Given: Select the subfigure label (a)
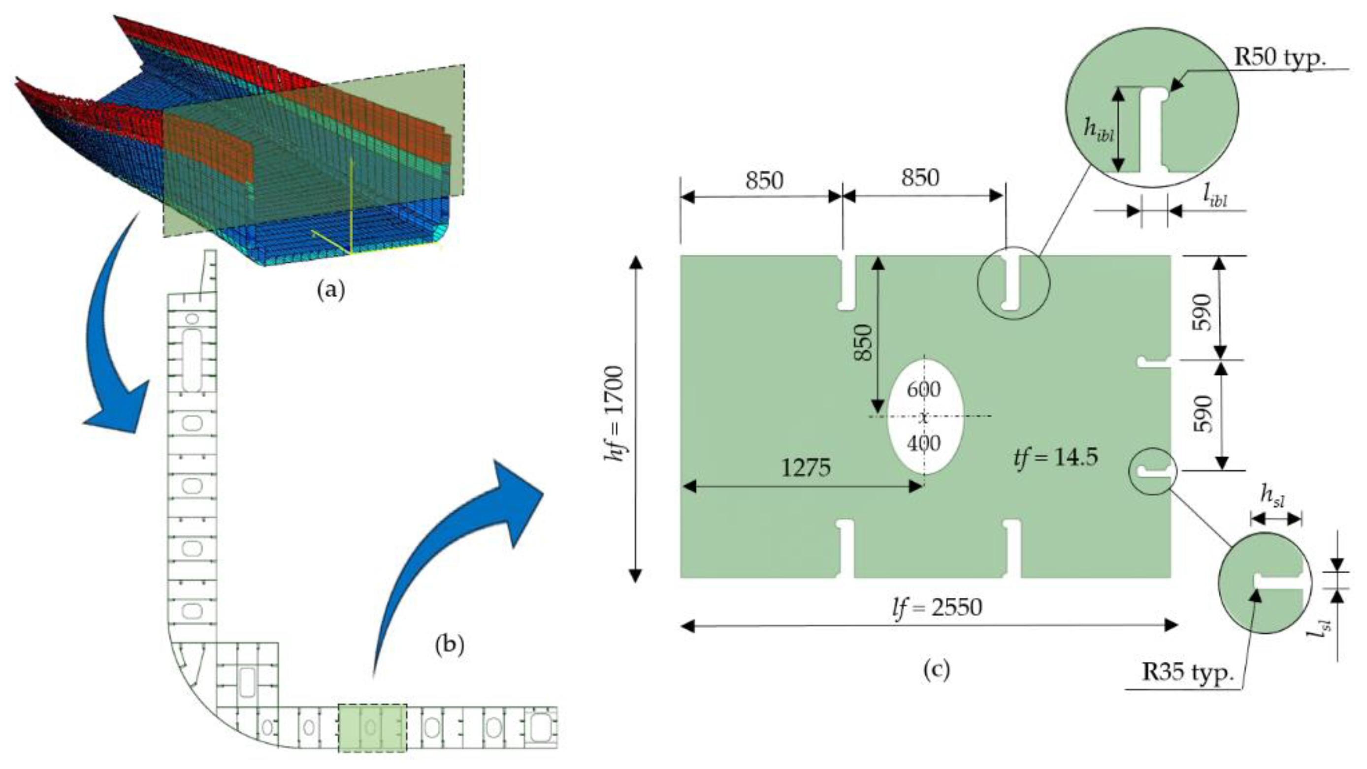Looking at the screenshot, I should (x=330, y=290).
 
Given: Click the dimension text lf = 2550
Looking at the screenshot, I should (x=937, y=607).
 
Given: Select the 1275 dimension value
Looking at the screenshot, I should (x=806, y=468).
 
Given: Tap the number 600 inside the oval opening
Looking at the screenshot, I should (x=923, y=389).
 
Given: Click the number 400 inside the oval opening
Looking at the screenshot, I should (x=923, y=443).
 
